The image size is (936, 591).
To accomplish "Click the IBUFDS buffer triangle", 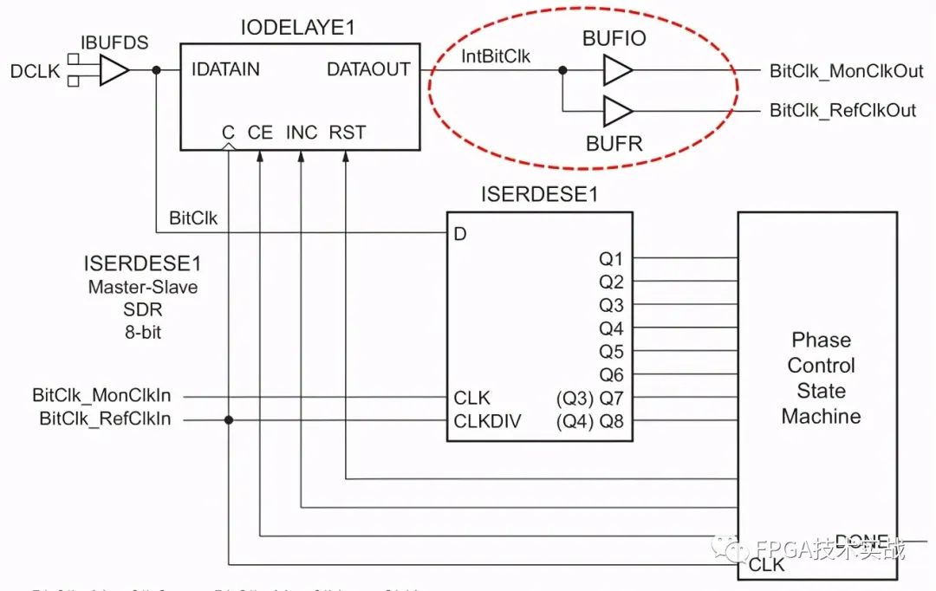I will [x=114, y=71].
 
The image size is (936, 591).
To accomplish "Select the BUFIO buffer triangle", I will [x=617, y=70].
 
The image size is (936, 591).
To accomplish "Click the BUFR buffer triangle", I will [x=617, y=111].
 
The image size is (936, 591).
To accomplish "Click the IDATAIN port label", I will [x=225, y=69].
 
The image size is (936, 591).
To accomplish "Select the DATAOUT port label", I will [x=368, y=69].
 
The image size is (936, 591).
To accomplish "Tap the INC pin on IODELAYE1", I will [x=302, y=133].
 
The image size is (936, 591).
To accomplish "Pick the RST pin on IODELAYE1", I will [x=347, y=133].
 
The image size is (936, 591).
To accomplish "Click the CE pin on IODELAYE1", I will [x=260, y=133].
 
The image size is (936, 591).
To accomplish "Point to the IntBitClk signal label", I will [x=497, y=57].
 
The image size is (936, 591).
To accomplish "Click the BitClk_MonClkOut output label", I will [x=847, y=71].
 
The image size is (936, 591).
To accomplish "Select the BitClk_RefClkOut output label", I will [x=843, y=111].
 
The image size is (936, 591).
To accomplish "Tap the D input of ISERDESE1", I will [x=460, y=234].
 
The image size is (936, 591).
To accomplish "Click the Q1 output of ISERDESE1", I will [x=611, y=258].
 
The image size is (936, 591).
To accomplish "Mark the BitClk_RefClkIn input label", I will [x=105, y=420].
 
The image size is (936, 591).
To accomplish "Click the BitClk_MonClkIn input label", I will [x=101, y=396].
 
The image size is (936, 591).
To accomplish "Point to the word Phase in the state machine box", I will [x=821, y=340].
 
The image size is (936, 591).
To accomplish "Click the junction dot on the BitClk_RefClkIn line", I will [x=229, y=420].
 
